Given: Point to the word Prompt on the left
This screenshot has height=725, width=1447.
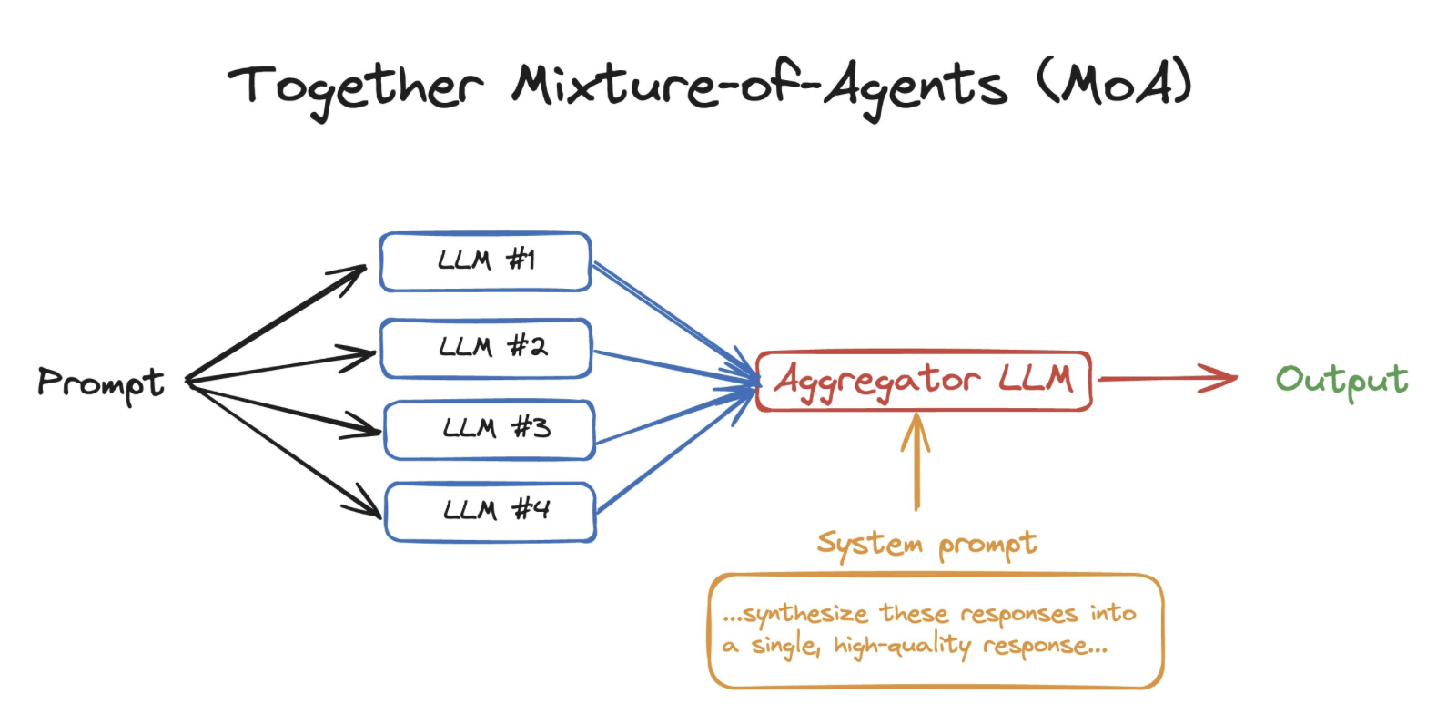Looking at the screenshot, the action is tap(101, 383).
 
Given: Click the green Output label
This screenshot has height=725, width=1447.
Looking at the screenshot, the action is tap(1341, 381).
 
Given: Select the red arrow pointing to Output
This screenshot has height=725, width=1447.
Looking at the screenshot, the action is tap(1168, 379).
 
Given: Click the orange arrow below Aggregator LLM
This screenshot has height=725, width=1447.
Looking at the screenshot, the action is tap(916, 462).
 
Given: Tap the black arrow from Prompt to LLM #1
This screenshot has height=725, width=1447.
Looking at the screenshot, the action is tap(276, 323).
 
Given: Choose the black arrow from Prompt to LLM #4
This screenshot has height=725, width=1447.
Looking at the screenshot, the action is tap(284, 450).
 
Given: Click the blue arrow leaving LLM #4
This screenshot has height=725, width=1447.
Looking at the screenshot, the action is tap(674, 452).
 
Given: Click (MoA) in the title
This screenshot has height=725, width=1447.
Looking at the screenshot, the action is tap(1114, 82).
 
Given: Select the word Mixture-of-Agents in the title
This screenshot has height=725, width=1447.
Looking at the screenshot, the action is tap(759, 87).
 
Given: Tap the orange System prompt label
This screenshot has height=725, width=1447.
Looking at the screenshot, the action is tap(927, 545).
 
